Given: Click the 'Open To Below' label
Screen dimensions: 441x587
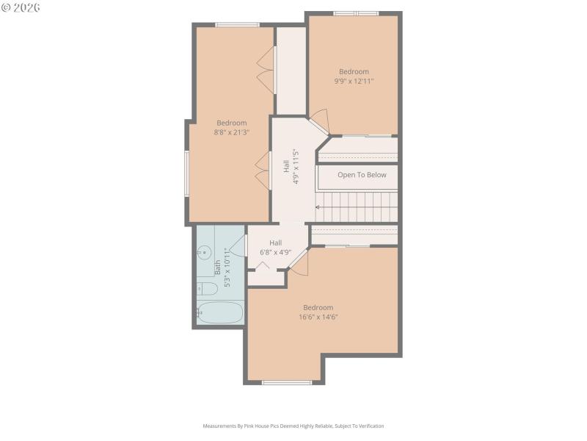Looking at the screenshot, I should click(362, 175).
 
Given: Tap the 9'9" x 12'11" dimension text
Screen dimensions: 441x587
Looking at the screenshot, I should click(354, 82).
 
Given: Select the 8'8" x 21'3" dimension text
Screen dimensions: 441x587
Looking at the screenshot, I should click(231, 133).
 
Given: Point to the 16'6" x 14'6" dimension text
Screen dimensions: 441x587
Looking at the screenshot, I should click(318, 318).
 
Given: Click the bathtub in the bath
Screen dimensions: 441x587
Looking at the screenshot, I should click(219, 312).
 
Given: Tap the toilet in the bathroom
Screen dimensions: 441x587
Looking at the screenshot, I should click(204, 287).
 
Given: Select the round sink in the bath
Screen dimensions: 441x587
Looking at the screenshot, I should click(203, 253).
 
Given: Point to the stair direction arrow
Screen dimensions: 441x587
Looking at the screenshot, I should click(318, 207).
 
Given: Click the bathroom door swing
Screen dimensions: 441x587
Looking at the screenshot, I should click(238, 245).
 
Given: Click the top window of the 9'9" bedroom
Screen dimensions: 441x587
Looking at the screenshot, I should click(356, 13).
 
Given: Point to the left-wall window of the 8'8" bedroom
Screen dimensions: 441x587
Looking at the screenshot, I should click(186, 173).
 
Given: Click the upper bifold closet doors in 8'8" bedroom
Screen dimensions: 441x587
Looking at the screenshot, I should click(265, 71).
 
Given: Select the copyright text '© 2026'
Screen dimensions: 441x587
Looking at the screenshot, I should click(21, 7).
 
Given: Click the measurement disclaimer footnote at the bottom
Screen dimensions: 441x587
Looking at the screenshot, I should click(293, 426).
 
